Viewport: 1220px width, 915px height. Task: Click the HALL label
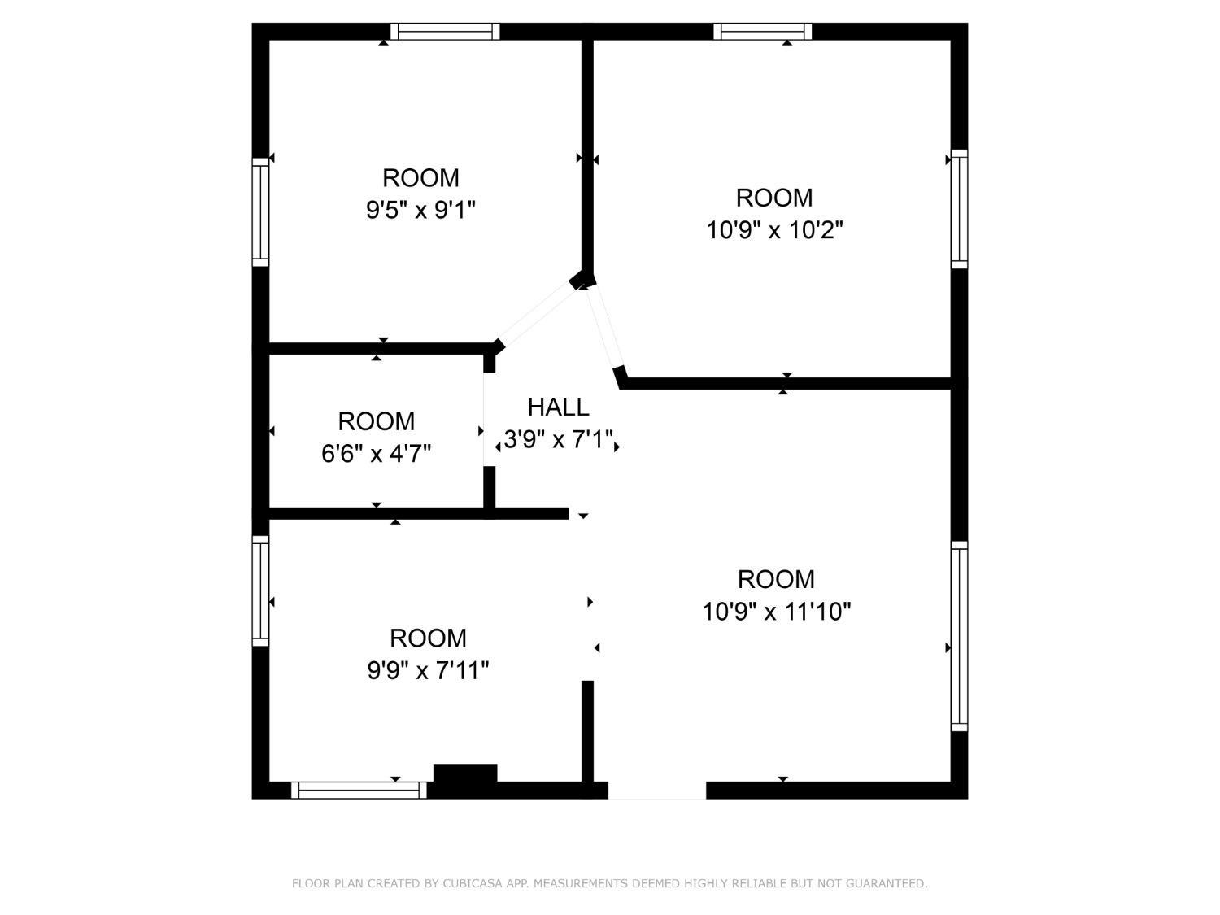click(558, 407)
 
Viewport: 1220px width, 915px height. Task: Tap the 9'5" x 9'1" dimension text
click(420, 211)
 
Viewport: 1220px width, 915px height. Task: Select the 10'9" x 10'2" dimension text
click(775, 230)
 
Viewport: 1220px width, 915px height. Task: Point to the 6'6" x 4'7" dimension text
click(377, 454)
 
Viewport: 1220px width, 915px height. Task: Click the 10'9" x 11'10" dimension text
click(777, 612)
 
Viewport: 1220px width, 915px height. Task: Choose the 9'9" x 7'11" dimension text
click(428, 670)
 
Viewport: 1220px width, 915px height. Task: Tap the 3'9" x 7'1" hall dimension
click(558, 439)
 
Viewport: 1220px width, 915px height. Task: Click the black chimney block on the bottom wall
click(465, 774)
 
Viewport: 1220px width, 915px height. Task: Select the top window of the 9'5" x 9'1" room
click(445, 32)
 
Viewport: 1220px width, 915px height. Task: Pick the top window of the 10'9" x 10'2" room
click(763, 32)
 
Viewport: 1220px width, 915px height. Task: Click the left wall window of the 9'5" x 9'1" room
click(261, 212)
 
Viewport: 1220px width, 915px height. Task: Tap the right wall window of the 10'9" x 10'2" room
click(959, 209)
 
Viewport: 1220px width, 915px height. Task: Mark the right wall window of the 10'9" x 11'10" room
click(959, 636)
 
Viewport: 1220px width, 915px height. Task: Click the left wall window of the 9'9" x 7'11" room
click(261, 590)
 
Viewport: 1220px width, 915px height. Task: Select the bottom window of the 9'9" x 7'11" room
click(359, 790)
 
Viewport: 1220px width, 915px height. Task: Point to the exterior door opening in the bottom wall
click(657, 790)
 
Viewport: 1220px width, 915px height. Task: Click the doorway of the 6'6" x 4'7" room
click(489, 420)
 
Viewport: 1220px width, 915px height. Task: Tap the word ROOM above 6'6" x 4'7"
click(377, 421)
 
